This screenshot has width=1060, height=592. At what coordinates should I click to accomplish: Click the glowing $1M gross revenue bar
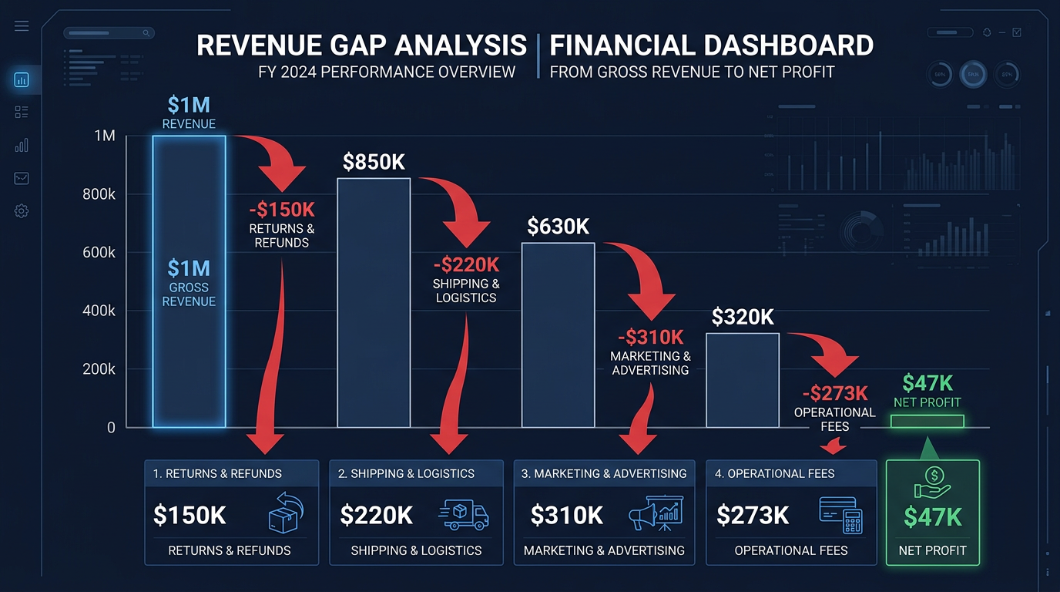189,281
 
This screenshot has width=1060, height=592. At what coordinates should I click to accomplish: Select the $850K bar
374,302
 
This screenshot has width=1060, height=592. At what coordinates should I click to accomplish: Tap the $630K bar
559,335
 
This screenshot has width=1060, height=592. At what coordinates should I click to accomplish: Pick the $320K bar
743,380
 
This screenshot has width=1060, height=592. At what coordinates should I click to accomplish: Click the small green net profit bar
927,422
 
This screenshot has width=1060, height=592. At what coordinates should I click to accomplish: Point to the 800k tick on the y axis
99,194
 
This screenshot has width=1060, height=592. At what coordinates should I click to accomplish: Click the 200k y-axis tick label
99,369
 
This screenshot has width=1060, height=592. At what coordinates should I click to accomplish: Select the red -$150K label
282,210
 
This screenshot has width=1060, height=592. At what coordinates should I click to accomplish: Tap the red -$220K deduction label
466,265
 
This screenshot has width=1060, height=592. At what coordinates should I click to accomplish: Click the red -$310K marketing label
650,337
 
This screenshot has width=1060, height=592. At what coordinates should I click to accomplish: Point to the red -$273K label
834,393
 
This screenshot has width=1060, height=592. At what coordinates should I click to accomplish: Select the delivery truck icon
463,514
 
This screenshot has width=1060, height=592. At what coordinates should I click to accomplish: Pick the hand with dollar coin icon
933,483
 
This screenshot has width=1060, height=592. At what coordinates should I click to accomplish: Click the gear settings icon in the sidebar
22,211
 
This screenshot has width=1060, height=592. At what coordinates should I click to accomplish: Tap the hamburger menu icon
22,26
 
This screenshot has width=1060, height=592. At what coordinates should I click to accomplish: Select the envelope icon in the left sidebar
22,178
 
